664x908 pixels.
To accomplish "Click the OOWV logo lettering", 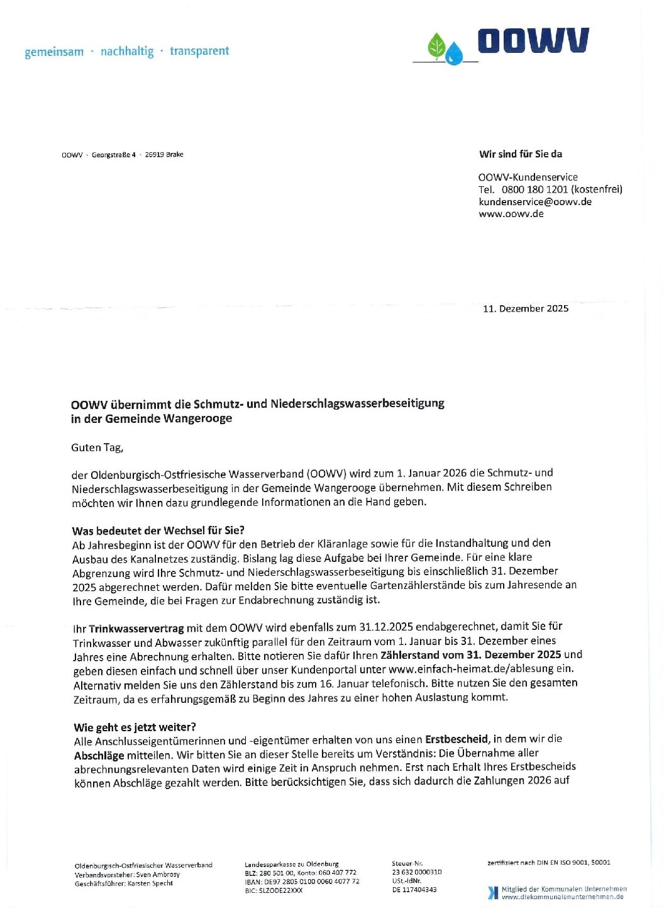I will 533,41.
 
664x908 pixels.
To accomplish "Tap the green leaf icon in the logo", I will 436,46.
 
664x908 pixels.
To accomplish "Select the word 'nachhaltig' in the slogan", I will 127,52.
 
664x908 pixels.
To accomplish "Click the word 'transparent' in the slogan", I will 199,51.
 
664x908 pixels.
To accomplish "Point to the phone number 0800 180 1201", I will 534,189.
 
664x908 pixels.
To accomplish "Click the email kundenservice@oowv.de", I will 534,202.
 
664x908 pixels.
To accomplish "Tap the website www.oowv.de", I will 511,214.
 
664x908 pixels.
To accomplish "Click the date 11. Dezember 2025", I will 525,308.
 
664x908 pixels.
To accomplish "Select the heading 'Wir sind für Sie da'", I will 520,154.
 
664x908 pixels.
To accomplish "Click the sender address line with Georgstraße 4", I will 123,155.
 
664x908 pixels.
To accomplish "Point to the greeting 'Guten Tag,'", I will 97,448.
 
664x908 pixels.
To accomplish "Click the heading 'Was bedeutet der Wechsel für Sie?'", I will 158,530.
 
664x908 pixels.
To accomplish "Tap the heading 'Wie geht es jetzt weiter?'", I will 135,727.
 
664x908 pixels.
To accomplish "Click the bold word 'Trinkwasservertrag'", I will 136,628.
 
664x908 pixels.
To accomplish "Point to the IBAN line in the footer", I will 302,882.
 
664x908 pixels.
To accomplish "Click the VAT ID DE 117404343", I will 414,890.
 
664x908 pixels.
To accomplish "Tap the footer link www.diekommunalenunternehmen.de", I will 562,897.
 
